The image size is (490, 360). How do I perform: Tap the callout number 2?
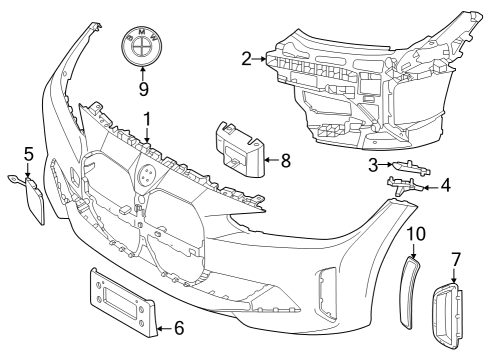click(x=246, y=59)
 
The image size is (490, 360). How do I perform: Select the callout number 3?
click(x=371, y=163)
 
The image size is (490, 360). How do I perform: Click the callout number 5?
click(x=28, y=154)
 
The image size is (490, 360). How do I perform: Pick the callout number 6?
click(x=179, y=326)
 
